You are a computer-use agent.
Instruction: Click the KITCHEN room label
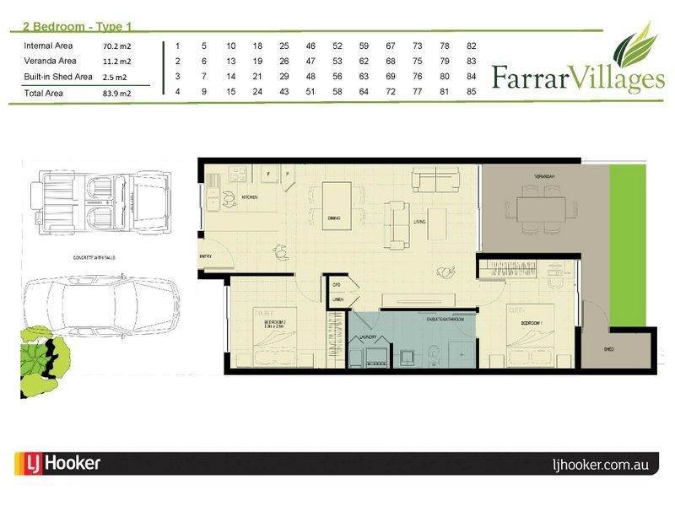250,197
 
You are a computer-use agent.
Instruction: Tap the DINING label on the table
334,218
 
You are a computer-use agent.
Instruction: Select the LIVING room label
419,222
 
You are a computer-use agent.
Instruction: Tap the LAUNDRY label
367,337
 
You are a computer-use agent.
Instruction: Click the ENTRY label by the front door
204,256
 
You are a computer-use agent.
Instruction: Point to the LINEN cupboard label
336,300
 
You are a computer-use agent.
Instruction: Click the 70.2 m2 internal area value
116,46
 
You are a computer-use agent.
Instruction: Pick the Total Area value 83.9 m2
116,93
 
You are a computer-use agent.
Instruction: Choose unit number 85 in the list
471,91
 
